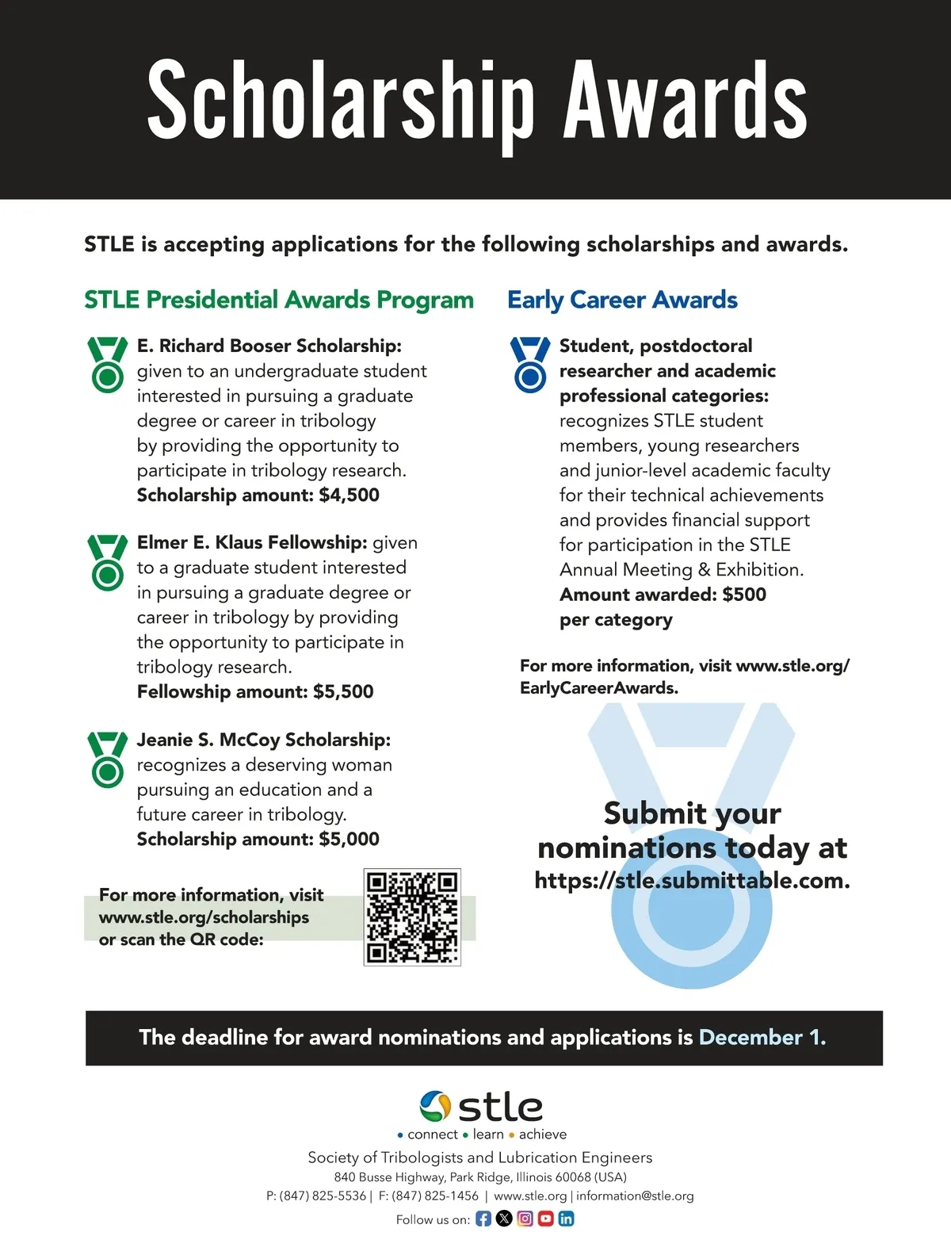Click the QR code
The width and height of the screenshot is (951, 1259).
tap(412, 917)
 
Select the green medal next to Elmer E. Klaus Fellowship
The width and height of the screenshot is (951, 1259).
tap(108, 561)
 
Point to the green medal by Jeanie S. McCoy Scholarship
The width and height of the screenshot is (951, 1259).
tap(108, 759)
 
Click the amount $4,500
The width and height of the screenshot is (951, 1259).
tap(349, 496)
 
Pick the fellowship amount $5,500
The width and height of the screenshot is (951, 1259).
tap(343, 692)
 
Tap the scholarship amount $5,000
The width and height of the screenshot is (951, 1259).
tap(349, 840)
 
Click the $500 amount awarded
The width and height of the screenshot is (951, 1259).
tap(744, 595)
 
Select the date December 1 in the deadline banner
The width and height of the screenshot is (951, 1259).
tap(762, 1038)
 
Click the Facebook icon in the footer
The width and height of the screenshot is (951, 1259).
tap(483, 1219)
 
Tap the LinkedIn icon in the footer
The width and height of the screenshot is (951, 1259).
tap(566, 1219)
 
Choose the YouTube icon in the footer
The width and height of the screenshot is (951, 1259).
tap(545, 1219)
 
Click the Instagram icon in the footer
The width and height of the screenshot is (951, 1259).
tap(525, 1219)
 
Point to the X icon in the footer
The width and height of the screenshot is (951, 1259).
tap(504, 1219)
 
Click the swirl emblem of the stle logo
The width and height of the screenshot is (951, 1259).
tap(435, 1106)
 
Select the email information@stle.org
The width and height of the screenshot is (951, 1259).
tap(635, 1196)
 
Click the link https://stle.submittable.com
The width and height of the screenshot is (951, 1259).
tap(692, 881)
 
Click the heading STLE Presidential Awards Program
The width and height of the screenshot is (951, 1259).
tap(279, 300)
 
